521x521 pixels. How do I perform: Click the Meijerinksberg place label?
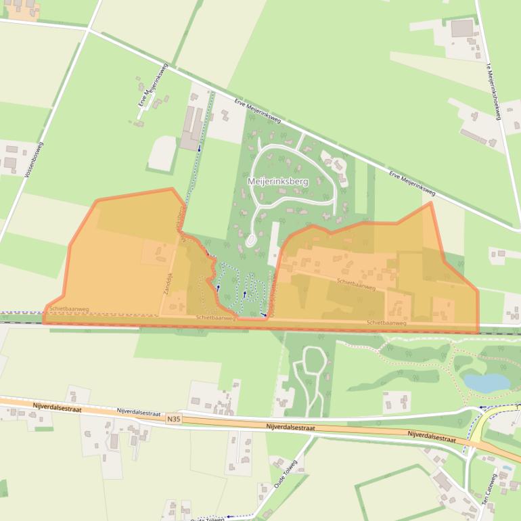pyautogui.click(x=277, y=181)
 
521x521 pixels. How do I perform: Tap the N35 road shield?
pyautogui.click(x=174, y=420)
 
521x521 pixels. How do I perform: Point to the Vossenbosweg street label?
pyautogui.click(x=34, y=160)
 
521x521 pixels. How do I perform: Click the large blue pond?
pyautogui.click(x=486, y=384)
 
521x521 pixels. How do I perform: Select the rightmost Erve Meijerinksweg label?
pyautogui.click(x=411, y=184)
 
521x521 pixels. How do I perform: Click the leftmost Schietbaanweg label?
pyautogui.click(x=68, y=309)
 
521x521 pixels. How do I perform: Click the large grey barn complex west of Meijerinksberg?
pyautogui.click(x=190, y=128)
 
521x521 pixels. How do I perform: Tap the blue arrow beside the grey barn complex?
pyautogui.click(x=199, y=148)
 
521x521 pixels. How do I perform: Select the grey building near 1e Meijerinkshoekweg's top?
pyautogui.click(x=462, y=28)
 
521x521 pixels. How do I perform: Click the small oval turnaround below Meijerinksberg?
pyautogui.click(x=250, y=240)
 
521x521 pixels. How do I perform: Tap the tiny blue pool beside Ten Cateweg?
pyautogui.click(x=506, y=468)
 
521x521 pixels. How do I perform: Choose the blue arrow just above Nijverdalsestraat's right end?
pyautogui.click(x=482, y=408)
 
